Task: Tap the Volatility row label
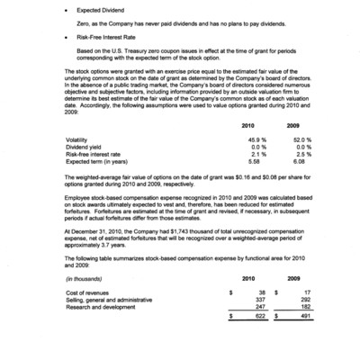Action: tap(78, 140)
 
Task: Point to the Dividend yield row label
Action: tap(83, 148)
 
